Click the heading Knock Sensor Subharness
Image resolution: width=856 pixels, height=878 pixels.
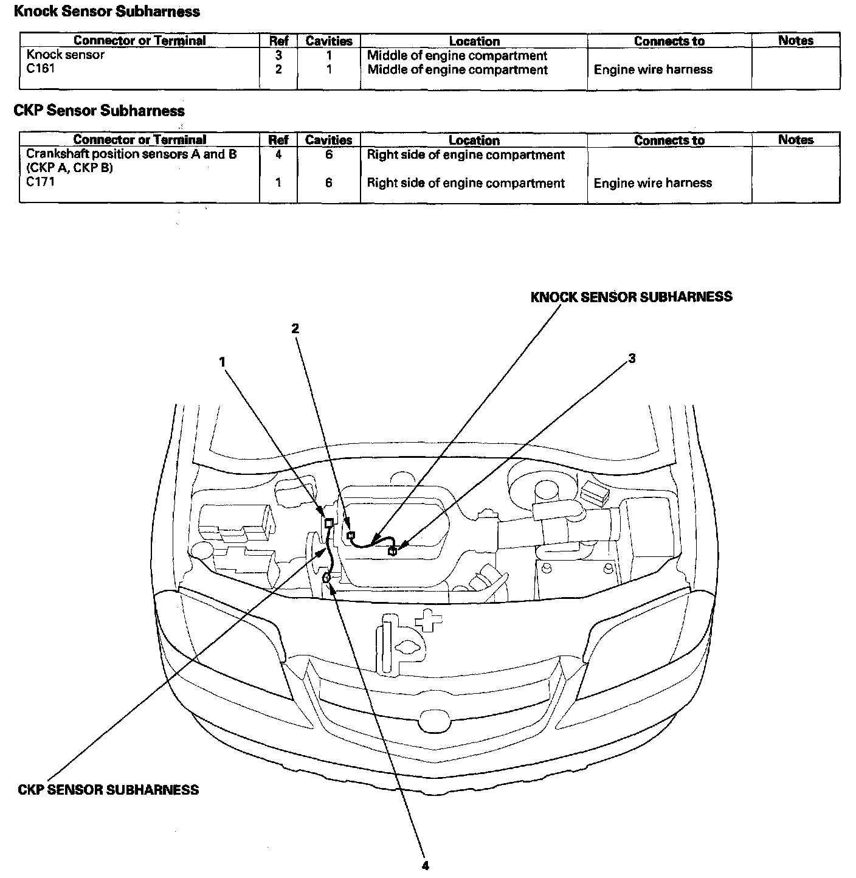tap(106, 12)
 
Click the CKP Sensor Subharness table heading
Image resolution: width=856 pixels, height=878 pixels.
tap(99, 111)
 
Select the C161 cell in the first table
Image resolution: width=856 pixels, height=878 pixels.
tap(41, 69)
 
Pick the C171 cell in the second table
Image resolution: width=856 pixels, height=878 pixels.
tap(41, 182)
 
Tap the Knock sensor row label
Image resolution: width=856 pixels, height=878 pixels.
tap(65, 55)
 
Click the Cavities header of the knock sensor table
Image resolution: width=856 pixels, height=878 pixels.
tap(328, 41)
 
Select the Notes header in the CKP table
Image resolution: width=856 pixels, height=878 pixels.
tap(795, 140)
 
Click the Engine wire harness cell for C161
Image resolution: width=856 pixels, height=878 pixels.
tap(652, 69)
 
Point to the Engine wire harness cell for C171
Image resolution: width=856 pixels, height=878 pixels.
tap(652, 183)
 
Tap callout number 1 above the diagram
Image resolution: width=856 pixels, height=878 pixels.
tap(223, 362)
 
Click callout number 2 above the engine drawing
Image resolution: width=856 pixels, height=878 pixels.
tap(295, 328)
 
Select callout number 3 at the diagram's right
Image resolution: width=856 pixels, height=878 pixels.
tap(632, 358)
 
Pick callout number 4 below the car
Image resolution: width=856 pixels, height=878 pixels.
tap(425, 866)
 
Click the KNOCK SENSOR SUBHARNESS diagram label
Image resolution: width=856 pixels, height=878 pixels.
tap(631, 297)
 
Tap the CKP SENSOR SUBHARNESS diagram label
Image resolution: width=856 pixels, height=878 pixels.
tap(108, 790)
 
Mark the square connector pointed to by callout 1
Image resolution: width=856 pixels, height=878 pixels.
tap(328, 523)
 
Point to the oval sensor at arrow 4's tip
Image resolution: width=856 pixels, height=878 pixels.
tap(327, 578)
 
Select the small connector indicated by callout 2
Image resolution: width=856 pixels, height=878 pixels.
tap(351, 535)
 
